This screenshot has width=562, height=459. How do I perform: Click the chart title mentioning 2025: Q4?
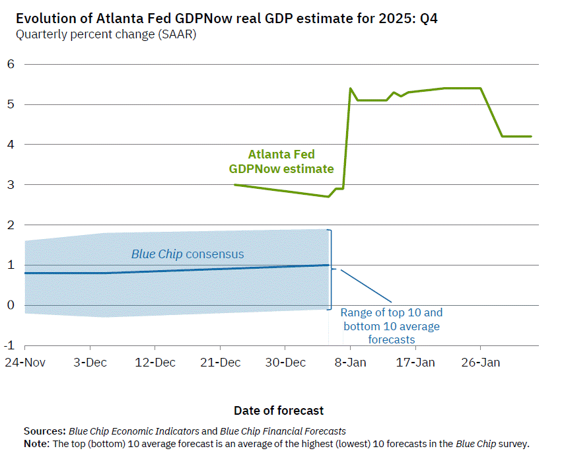pos(226,18)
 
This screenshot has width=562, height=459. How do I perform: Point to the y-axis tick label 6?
pos(11,64)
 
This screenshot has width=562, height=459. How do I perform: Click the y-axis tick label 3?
pos(11,185)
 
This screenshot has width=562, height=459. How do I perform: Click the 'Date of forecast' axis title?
pos(279,410)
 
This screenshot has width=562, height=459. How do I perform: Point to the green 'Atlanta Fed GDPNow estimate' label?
pos(281,162)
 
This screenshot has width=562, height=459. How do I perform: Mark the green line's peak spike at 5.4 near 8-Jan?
pos(350,88)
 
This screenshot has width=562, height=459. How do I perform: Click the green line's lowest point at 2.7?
pos(328,196)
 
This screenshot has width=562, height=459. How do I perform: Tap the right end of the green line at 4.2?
pos(531,136)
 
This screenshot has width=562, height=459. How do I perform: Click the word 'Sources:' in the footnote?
pos(44,431)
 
